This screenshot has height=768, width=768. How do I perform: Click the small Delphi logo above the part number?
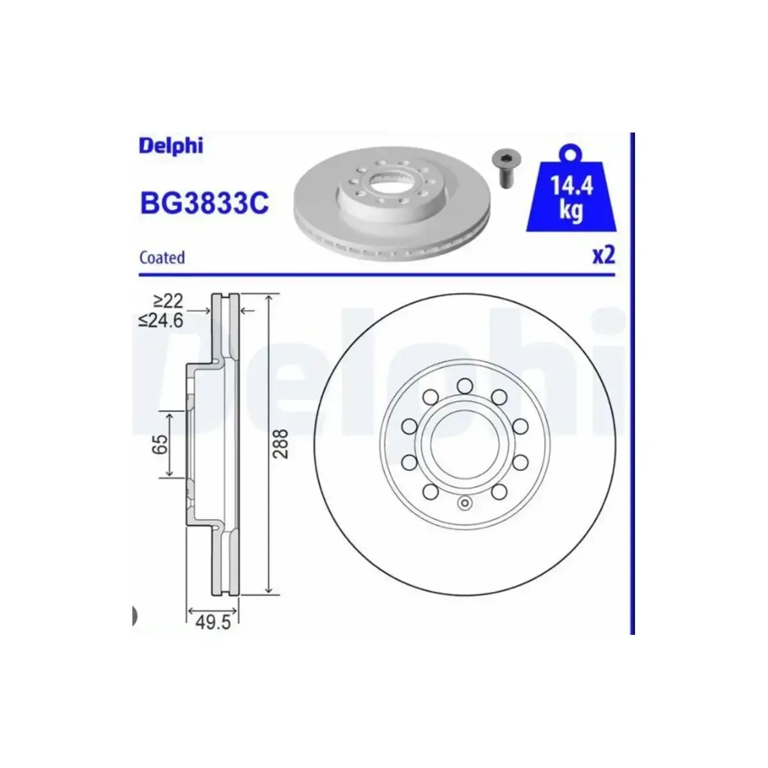(171, 147)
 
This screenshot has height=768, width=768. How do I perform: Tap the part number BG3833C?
(204, 203)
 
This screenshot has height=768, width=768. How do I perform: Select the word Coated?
(162, 257)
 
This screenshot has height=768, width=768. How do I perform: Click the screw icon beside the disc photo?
(504, 168)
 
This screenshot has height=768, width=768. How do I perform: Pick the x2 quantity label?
(604, 255)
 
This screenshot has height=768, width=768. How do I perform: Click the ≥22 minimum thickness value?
(168, 301)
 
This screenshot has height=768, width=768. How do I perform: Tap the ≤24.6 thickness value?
(161, 321)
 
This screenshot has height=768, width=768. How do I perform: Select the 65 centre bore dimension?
(159, 444)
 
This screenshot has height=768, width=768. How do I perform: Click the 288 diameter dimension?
(282, 444)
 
